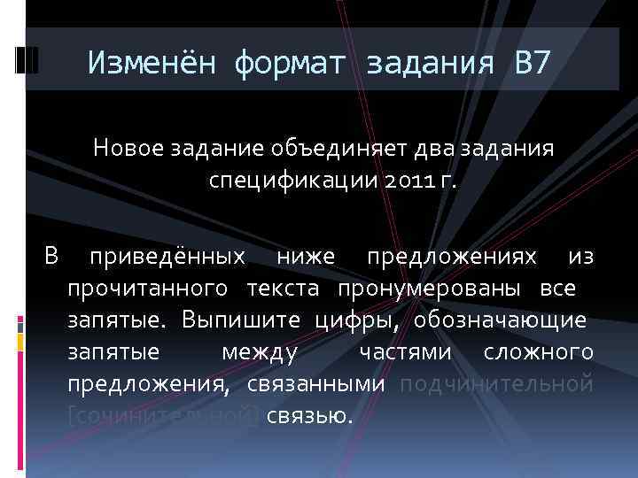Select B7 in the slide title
(x=531, y=63)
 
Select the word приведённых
(x=167, y=257)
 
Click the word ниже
(x=305, y=257)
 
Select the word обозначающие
(x=494, y=320)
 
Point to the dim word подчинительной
(x=496, y=383)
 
